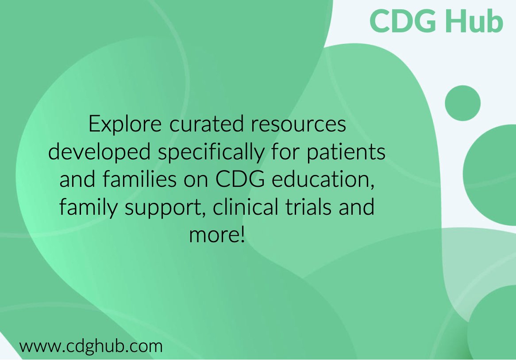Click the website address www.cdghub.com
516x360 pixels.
pyautogui.click(x=91, y=345)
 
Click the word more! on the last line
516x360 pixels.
pyautogui.click(x=217, y=235)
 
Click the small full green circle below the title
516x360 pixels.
pyautogui.click(x=462, y=103)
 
